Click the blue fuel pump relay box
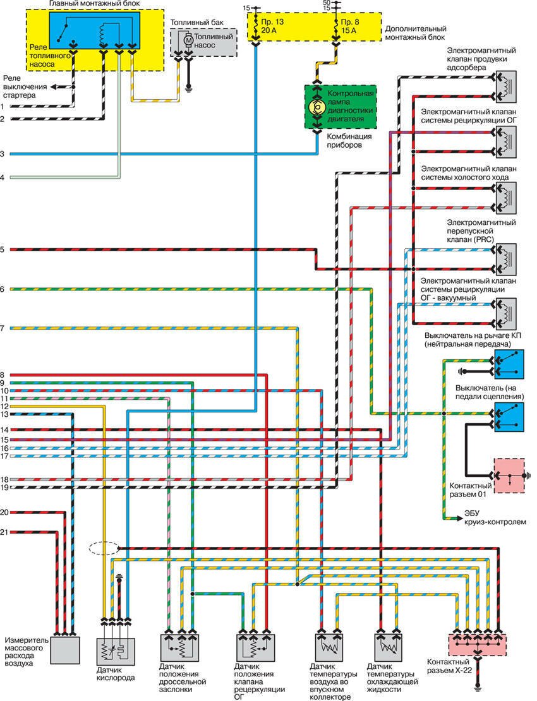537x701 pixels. coord(100,30)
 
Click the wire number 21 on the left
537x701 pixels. coord(4,532)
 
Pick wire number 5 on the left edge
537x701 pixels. coord(3,250)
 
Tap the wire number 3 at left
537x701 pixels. coord(3,153)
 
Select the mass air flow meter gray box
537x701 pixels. coord(65,650)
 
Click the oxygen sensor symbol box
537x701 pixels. coord(114,650)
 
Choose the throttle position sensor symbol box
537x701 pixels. coord(180,650)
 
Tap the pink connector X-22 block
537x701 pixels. coord(476,644)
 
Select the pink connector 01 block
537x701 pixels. coord(509,476)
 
